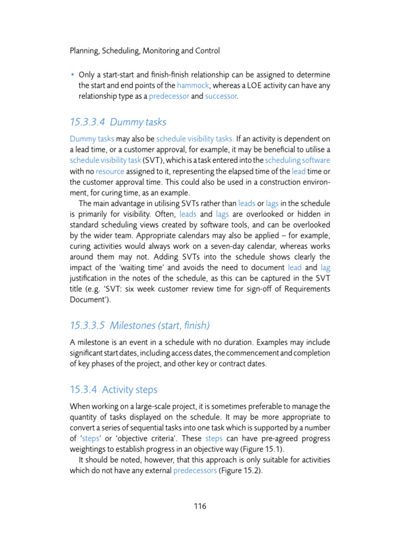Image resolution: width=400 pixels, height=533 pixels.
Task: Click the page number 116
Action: pos(200,506)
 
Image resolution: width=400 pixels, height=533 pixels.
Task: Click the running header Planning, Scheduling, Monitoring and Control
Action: pos(144,50)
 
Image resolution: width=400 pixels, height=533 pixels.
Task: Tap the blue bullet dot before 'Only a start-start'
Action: pos(72,74)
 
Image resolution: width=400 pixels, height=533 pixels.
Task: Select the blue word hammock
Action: pos(194,85)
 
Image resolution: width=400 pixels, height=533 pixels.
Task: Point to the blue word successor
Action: pos(221,96)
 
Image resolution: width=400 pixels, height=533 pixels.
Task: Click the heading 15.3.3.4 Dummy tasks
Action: pos(118,122)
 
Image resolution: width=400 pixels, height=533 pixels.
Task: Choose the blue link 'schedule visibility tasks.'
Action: pos(195,139)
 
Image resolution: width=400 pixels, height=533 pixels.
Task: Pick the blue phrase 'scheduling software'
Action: pos(297,160)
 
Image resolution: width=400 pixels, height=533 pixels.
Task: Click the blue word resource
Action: pos(109,171)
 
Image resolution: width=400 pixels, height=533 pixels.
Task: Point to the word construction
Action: pos(268,182)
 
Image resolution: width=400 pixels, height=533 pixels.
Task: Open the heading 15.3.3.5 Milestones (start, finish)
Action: pos(140,325)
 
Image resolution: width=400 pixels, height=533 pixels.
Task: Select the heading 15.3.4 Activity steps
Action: pos(114,389)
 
